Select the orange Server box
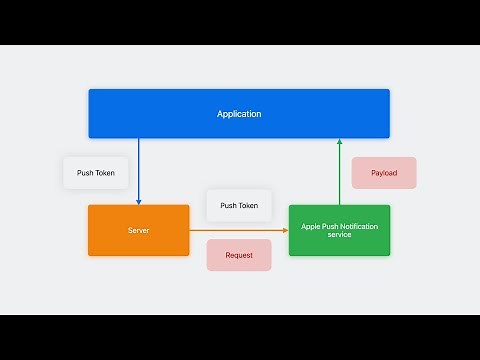pos(138,230)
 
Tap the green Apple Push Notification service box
pos(339,230)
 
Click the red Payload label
pos(384,173)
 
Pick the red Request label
pos(239,255)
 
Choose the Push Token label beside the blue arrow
pos(95,173)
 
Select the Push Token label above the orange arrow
pos(239,205)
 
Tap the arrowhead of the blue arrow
pos(138,200)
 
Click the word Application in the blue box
pos(239,114)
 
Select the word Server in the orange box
pos(138,230)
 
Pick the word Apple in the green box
pos(312,226)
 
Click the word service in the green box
pos(339,235)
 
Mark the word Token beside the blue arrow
pos(105,173)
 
